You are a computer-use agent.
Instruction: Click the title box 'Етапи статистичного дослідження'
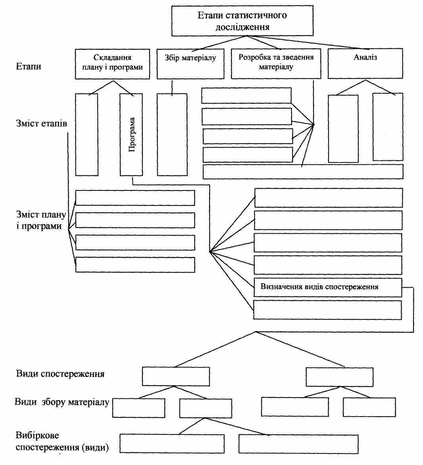[x=242, y=21]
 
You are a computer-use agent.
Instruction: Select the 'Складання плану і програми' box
[x=112, y=64]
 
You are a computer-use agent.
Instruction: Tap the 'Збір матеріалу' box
[x=190, y=64]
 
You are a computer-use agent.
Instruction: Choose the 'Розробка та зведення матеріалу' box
[x=276, y=64]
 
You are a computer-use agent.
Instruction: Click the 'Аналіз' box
[x=365, y=63]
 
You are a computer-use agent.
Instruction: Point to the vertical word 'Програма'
[x=132, y=135]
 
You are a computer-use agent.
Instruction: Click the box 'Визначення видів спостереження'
[x=328, y=287]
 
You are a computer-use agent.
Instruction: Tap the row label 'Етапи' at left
[x=29, y=66]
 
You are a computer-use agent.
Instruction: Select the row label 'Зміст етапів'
[x=42, y=123]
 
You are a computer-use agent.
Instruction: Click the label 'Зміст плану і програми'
[x=41, y=220]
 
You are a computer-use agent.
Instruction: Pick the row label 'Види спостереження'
[x=60, y=374]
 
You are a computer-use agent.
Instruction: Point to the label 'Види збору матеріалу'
[x=62, y=402]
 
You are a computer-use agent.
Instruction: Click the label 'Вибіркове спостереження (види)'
[x=62, y=441]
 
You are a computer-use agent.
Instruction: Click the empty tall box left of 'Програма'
[x=87, y=135]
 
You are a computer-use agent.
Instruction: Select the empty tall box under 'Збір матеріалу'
[x=172, y=135]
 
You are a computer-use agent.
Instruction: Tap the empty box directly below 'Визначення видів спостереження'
[x=327, y=310]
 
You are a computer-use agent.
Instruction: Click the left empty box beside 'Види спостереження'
[x=176, y=377]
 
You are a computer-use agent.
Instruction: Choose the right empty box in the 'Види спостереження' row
[x=340, y=377]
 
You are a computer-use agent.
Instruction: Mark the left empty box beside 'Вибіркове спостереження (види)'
[x=172, y=444]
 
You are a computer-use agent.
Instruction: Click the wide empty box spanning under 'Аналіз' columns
[x=303, y=172]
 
